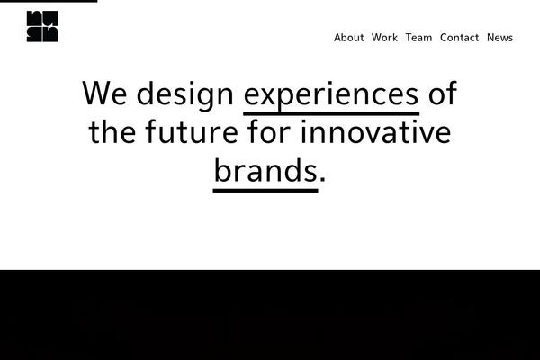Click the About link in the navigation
(348, 38)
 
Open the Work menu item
(384, 38)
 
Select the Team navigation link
(418, 38)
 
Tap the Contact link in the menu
(459, 38)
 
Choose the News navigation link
(499, 38)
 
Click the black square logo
(42, 26)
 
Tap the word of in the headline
(442, 94)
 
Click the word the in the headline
(112, 132)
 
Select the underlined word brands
(265, 170)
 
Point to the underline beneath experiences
(331, 113)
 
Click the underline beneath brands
(265, 190)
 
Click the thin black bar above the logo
(49, 1)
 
